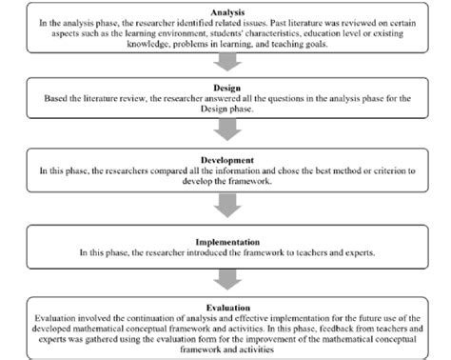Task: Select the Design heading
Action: [x=225, y=86]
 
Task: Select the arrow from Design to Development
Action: [x=225, y=129]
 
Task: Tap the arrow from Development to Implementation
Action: [x=225, y=203]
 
